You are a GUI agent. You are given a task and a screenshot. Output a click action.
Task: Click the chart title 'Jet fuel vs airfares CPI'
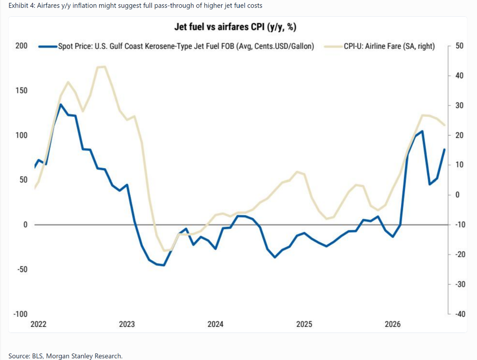pyautogui.click(x=220, y=27)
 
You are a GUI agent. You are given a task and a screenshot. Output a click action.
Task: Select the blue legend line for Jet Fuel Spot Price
pyautogui.click(x=48, y=47)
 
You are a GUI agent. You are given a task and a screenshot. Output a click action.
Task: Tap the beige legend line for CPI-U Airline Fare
pyautogui.click(x=334, y=47)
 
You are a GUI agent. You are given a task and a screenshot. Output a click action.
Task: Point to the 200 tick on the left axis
pyautogui.click(x=21, y=46)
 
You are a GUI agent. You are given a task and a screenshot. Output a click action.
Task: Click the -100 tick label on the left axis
pyautogui.click(x=20, y=314)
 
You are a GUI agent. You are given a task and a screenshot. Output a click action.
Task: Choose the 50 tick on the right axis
pyautogui.click(x=459, y=46)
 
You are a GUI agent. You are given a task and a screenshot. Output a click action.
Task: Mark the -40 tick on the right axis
pyautogui.click(x=460, y=314)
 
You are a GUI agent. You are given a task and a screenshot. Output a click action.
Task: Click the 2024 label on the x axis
pyautogui.click(x=215, y=324)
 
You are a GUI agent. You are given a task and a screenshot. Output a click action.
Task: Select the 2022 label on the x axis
pyautogui.click(x=38, y=324)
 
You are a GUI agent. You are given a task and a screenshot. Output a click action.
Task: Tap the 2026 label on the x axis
pyautogui.click(x=393, y=324)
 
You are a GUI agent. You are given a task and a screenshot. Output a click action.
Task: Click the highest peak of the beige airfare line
pyautogui.click(x=101, y=67)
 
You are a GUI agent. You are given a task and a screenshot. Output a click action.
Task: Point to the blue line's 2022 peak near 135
pyautogui.click(x=61, y=105)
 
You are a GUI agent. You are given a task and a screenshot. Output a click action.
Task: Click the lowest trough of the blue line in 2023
pyautogui.click(x=164, y=265)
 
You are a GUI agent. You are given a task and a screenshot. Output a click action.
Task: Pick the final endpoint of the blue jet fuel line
pyautogui.click(x=444, y=149)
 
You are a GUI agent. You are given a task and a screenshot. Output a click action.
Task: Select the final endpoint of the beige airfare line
pyautogui.click(x=444, y=125)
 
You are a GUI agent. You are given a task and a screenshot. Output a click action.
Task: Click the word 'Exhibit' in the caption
pyautogui.click(x=19, y=6)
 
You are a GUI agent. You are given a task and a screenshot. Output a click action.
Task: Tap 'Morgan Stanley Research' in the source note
pyautogui.click(x=84, y=356)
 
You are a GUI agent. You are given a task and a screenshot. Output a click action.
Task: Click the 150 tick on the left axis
pyautogui.click(x=21, y=91)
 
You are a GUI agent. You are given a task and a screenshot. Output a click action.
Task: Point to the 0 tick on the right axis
pyautogui.click(x=457, y=195)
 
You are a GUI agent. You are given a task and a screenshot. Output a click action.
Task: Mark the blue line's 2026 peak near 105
pyautogui.click(x=422, y=131)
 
